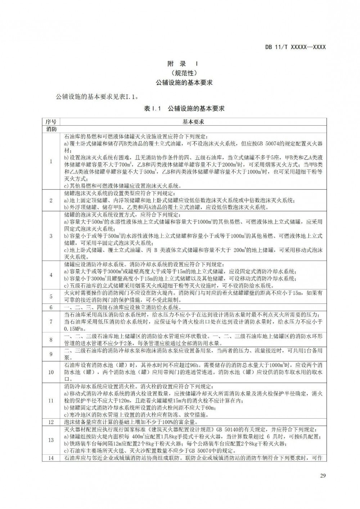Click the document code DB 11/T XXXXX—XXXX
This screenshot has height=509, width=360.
(x=295, y=47)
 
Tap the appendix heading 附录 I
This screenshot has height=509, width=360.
(x=183, y=64)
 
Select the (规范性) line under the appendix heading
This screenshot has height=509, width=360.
(x=183, y=73)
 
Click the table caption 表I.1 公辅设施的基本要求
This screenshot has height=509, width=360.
(x=184, y=108)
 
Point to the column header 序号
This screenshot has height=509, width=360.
(x=51, y=122)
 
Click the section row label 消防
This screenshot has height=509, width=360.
(x=51, y=129)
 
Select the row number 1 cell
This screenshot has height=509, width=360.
(x=51, y=161)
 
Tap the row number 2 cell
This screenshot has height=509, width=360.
(x=51, y=201)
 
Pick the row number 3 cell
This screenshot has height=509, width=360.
(x=51, y=236)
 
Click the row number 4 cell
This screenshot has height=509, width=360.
(x=51, y=275)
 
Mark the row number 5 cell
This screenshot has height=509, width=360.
(x=51, y=297)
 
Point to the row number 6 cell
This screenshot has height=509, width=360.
(x=51, y=307)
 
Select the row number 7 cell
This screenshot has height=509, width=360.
(x=51, y=322)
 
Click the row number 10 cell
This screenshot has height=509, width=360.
(x=51, y=372)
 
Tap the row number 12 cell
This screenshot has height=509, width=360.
(x=51, y=422)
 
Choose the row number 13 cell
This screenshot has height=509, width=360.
(x=51, y=440)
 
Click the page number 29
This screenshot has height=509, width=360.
(x=323, y=476)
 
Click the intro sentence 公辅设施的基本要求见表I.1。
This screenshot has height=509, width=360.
(x=97, y=97)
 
